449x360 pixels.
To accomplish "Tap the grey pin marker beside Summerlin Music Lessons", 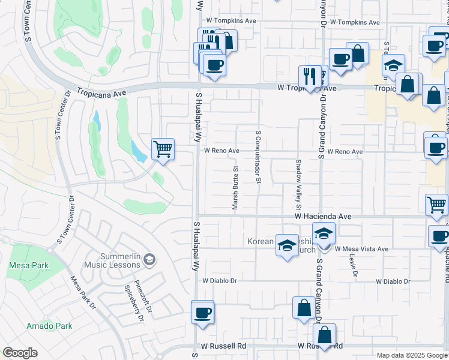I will (x=149, y=260).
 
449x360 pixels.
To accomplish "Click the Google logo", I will (x=20, y=353).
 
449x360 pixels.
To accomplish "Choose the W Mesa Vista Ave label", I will (x=361, y=248).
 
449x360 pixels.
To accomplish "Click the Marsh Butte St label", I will (x=235, y=188).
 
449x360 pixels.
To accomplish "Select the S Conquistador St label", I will (x=259, y=157).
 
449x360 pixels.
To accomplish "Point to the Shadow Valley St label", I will (x=297, y=181).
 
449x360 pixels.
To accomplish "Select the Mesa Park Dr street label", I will (x=83, y=292).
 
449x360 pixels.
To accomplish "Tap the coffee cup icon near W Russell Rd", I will (x=203, y=312).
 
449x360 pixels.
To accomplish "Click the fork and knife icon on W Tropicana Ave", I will (x=310, y=76).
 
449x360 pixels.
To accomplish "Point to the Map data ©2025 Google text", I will (x=412, y=355).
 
